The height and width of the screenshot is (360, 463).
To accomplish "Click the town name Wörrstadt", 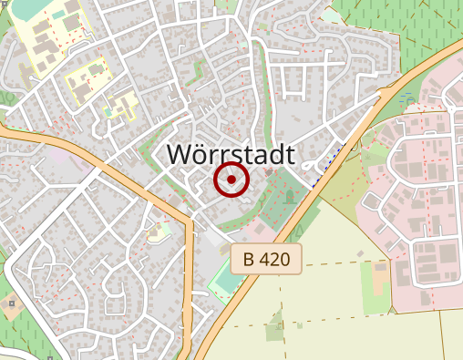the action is click(x=231, y=155).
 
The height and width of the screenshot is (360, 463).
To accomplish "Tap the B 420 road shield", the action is click(x=265, y=260).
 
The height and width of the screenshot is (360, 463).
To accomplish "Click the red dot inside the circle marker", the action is click(x=231, y=180).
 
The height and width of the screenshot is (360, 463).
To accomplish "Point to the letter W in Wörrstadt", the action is click(x=181, y=155).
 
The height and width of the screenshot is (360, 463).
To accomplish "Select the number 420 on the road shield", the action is click(x=274, y=260).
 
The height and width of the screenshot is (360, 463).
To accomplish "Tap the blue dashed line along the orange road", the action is click(x=329, y=159).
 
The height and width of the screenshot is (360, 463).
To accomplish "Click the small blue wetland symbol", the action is click(x=406, y=95).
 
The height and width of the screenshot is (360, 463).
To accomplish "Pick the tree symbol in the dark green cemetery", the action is click(x=289, y=195).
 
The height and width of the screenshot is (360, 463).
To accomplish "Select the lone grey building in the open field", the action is click(x=360, y=253).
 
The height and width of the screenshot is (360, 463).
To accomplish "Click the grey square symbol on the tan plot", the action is click(x=10, y=303).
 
